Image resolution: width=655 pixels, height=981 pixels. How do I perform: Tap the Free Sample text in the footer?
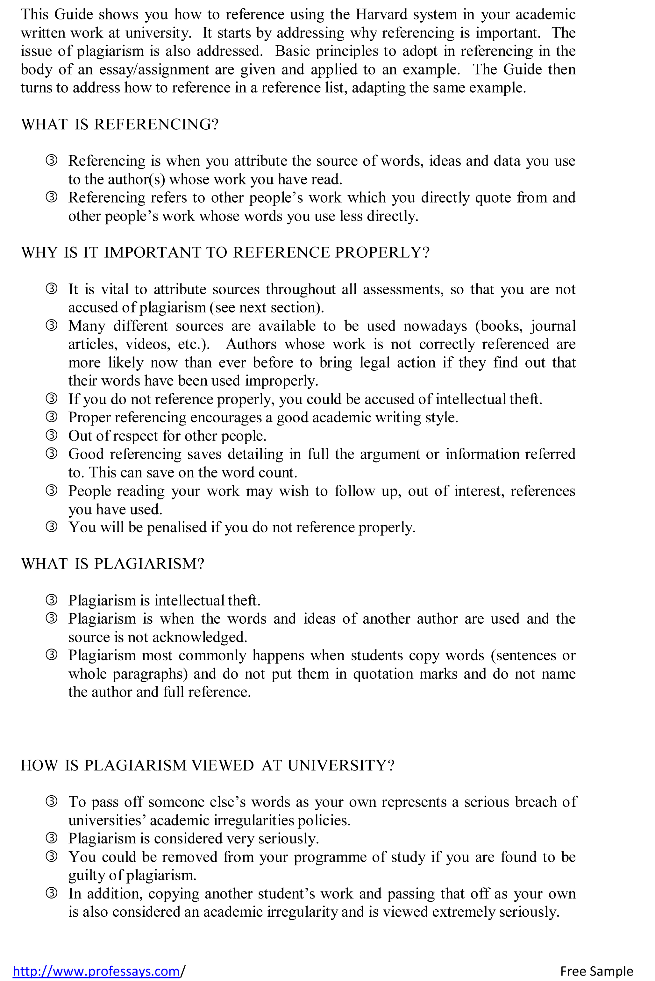(x=596, y=970)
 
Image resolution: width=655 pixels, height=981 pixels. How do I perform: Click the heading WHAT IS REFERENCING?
(x=120, y=125)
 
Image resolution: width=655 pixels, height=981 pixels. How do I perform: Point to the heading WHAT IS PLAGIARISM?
(x=113, y=564)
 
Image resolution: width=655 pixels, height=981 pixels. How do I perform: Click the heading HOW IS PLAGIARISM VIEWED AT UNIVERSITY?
(x=208, y=765)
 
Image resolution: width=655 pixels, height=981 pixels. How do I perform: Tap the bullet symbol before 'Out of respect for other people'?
(x=51, y=435)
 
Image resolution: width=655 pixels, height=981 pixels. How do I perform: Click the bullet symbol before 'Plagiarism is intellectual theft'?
(x=51, y=600)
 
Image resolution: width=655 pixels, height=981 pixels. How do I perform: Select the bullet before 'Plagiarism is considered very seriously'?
(x=51, y=838)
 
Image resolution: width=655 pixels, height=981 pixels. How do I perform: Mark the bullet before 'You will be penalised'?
(x=51, y=527)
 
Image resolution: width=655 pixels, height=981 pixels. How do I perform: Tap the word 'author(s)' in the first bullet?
(x=136, y=180)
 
